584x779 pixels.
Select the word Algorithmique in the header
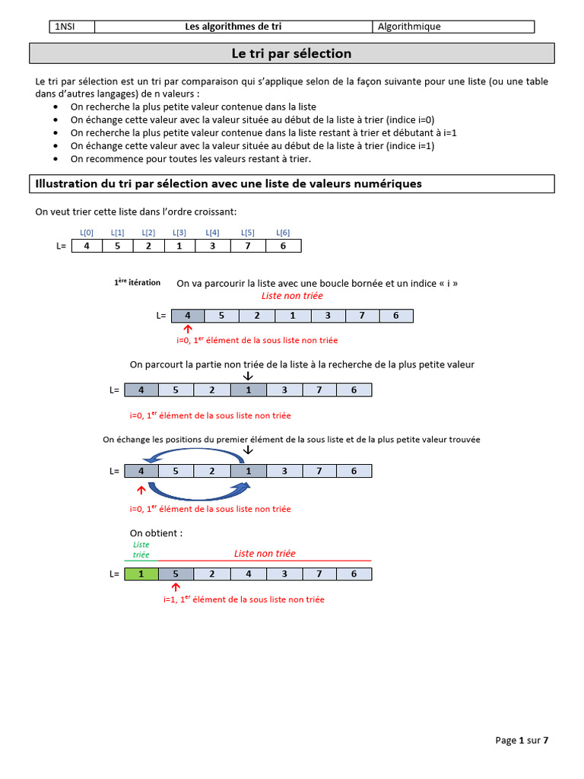click(410, 27)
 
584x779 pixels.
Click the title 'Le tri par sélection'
click(291, 54)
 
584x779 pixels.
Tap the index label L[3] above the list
click(179, 233)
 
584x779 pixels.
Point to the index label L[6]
click(283, 233)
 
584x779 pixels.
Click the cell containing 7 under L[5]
click(248, 246)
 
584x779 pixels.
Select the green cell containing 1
click(141, 574)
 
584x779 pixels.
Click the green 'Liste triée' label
click(141, 550)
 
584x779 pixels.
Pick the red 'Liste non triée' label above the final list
click(265, 554)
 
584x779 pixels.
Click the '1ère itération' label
click(138, 282)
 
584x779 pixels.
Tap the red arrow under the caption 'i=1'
click(176, 587)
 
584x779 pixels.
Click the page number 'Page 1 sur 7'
click(522, 740)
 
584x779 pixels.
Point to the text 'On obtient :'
click(156, 533)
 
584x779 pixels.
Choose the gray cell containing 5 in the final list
click(176, 574)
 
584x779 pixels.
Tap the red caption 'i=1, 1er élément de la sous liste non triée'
click(243, 599)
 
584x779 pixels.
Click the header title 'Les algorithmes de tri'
click(233, 27)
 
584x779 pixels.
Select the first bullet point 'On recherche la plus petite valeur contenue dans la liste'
click(193, 107)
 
